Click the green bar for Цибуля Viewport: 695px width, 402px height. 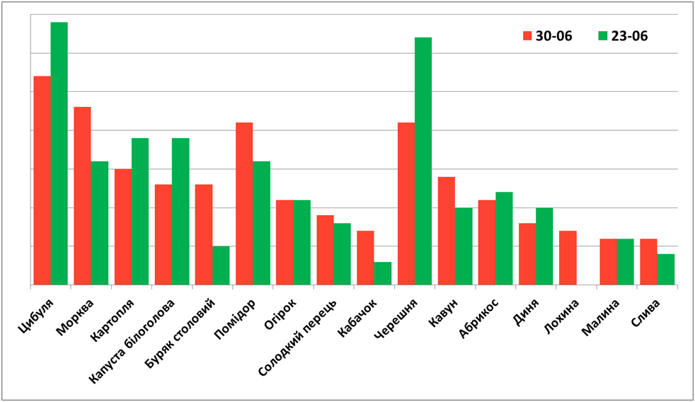[x=59, y=154]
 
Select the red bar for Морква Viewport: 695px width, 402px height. [x=82, y=196]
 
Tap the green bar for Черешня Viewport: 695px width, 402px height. [x=423, y=161]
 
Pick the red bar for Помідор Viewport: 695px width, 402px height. [x=244, y=203]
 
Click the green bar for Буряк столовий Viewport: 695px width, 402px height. [x=221, y=265]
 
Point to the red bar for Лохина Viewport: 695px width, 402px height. [x=568, y=258]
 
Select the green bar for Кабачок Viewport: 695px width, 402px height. [x=382, y=273]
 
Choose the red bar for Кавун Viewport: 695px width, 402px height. [x=447, y=231]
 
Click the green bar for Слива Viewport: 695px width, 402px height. [x=666, y=270]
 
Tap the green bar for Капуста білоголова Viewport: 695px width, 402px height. [x=180, y=212]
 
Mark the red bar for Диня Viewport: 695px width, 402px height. [x=527, y=254]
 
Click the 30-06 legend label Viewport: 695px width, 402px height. [x=554, y=36]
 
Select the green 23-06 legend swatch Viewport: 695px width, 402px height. [x=603, y=36]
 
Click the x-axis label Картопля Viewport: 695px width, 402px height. [x=112, y=320]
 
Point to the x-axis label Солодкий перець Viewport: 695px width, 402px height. [x=297, y=338]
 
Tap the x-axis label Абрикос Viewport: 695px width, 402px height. [x=479, y=318]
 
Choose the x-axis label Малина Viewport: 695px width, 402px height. [x=600, y=317]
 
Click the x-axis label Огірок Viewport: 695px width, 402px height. [x=280, y=314]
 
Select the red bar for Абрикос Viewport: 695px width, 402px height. [x=487, y=243]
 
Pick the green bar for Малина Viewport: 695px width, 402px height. [x=626, y=262]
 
